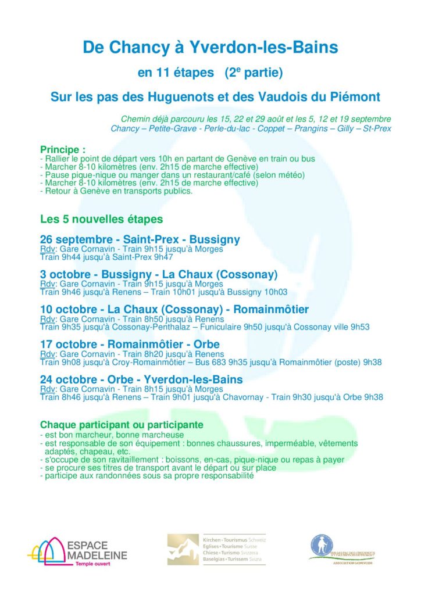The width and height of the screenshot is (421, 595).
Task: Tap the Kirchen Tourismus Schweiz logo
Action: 216,549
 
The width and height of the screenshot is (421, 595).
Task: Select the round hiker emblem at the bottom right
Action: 322,545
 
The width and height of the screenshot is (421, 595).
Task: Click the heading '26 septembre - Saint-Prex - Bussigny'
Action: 140,239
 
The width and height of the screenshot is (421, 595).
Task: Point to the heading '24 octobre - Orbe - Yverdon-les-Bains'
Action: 141,379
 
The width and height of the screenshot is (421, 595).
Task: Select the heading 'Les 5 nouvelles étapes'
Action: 101,220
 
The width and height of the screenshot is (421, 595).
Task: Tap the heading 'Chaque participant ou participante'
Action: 122,425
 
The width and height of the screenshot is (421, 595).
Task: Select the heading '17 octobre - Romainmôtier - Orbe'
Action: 130,344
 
